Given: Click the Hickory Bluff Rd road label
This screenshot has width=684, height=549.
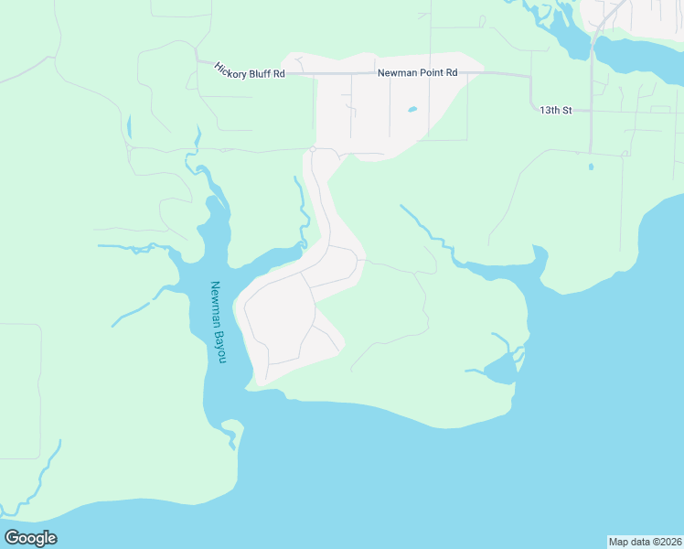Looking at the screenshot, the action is pos(250,70).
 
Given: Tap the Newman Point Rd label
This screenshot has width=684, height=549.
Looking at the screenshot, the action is pos(417,72).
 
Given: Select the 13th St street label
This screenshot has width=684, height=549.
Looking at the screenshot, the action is pos(555,110).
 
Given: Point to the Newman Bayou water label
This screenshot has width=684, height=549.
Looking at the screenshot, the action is pos(218,321).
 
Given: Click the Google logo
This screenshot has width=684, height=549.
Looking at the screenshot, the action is pos(30,538).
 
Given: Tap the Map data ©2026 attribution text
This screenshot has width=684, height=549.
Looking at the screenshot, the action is pos(645,541).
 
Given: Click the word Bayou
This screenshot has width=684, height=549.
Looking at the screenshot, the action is pos(219,346).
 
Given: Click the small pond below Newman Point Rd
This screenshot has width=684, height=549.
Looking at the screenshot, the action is pos(411,110).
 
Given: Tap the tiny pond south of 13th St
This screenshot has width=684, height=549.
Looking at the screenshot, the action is pos(591,167).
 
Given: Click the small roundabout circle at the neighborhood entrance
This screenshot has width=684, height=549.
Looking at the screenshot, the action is pos(313,148).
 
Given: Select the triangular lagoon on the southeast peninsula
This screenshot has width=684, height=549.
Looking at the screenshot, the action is pos(501,370).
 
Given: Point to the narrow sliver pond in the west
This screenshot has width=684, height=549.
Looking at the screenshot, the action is pos(129,127).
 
